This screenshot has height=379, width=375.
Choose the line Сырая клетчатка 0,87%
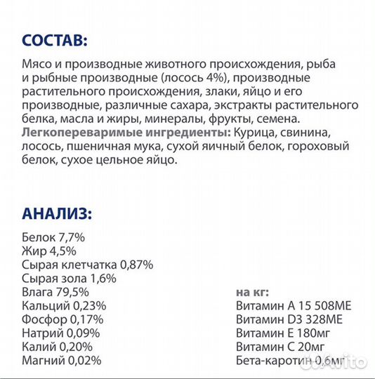[88, 265]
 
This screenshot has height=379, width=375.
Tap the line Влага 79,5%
[55, 292]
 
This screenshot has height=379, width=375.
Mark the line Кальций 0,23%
[64, 306]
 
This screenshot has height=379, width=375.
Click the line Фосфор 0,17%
[63, 319]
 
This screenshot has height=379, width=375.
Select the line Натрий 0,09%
[62, 333]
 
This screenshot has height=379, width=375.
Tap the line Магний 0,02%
[61, 360]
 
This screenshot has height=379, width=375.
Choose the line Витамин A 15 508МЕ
[296, 306]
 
